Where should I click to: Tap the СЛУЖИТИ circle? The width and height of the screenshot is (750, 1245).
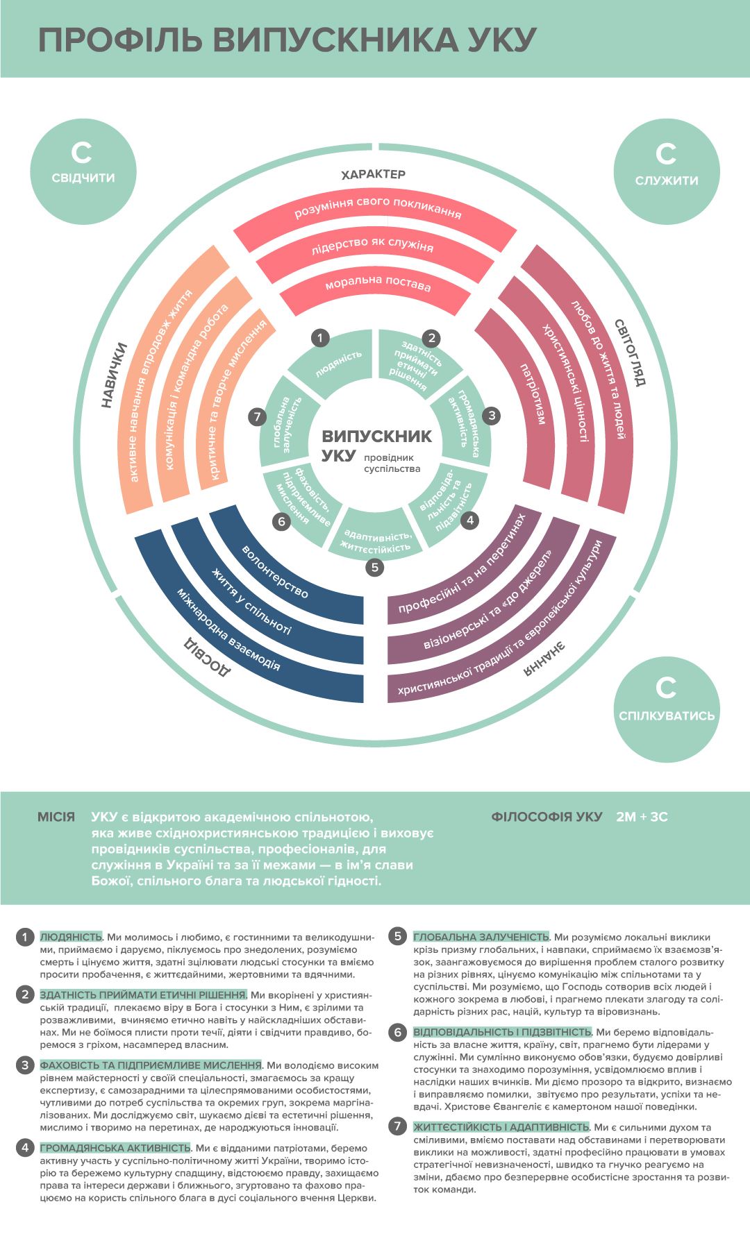point(667,171)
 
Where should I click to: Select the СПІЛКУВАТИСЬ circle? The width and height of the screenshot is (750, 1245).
point(667,709)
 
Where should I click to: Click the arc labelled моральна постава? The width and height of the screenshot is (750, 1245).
point(378,285)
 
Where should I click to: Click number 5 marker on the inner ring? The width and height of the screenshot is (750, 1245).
point(375,567)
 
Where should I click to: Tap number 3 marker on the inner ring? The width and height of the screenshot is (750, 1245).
point(492,416)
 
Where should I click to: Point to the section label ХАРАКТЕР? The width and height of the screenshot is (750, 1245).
point(374,174)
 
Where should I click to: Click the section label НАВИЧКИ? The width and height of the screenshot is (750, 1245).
point(115,375)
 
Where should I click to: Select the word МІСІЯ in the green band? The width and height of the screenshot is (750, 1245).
point(56,817)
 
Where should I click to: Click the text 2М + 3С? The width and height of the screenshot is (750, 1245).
point(642,817)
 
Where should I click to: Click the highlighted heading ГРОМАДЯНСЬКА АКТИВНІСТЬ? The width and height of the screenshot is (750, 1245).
point(115,1148)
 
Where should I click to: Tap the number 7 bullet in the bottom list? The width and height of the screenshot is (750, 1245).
point(397,1126)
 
